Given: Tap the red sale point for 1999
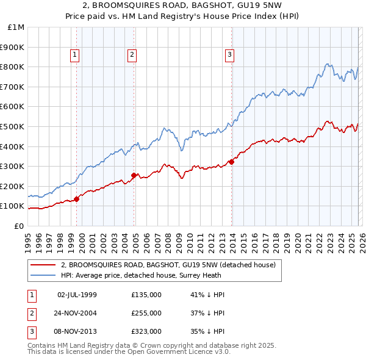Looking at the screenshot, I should point(77,199).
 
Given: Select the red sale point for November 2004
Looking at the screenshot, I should point(134,175).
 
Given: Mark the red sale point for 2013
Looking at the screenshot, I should point(231,162).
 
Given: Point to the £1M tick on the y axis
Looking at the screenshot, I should point(16,27).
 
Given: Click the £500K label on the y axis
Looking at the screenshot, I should point(13,126).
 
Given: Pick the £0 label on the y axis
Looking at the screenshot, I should point(18,226).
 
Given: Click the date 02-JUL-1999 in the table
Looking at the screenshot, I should point(77,295).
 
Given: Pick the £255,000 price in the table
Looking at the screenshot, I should point(146,313).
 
